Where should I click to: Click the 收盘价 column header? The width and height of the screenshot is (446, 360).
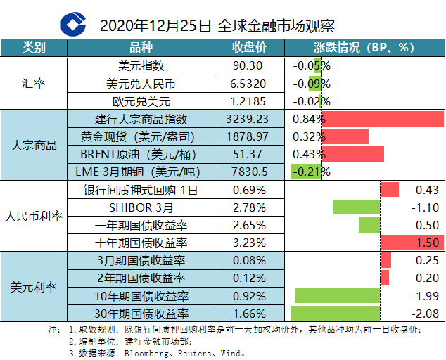pos(250,48)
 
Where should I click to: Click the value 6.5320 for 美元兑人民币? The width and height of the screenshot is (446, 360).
pos(249,83)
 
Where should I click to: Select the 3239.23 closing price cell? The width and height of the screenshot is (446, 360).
pos(249,119)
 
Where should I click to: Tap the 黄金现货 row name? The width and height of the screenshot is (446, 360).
pos(143,136)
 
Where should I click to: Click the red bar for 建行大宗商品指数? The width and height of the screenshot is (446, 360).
pos(383,119)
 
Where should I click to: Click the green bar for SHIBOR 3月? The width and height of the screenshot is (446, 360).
pos(356,207)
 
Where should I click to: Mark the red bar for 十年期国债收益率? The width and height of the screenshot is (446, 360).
pos(412,243)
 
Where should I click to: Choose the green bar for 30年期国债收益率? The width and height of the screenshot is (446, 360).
pos(336,313)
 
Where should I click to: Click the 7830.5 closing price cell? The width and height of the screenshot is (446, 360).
pos(249,172)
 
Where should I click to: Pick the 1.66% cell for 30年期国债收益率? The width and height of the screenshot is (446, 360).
pos(249,313)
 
